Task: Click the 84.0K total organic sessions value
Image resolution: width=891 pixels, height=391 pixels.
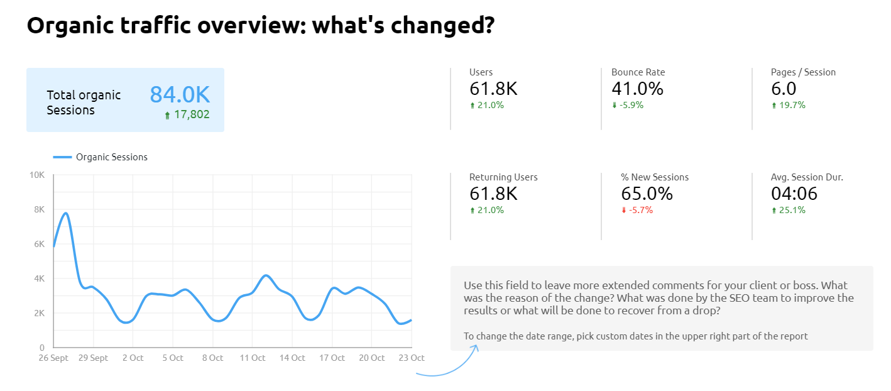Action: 180,94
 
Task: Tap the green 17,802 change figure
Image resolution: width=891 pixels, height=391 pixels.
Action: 191,114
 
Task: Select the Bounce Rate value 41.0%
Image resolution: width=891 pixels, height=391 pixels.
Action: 637,89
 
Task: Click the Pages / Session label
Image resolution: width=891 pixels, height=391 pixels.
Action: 803,72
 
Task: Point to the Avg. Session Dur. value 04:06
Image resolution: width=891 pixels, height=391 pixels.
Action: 794,194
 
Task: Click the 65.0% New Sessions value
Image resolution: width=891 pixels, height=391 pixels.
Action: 647,194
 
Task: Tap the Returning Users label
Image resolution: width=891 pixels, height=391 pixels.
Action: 503,177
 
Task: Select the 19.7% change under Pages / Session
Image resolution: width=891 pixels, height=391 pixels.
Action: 791,105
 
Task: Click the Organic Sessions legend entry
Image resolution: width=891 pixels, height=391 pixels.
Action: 111,157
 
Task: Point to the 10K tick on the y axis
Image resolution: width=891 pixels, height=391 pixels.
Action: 38,175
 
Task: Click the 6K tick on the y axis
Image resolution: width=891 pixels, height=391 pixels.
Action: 38,244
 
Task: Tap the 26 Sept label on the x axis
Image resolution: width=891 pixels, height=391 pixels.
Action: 53,358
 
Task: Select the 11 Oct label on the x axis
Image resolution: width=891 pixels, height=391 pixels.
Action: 253,358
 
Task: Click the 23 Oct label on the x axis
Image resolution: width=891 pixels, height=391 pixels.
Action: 412,358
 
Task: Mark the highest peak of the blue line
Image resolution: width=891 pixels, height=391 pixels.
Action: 65,213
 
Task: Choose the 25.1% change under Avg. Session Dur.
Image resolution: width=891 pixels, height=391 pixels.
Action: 791,210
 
